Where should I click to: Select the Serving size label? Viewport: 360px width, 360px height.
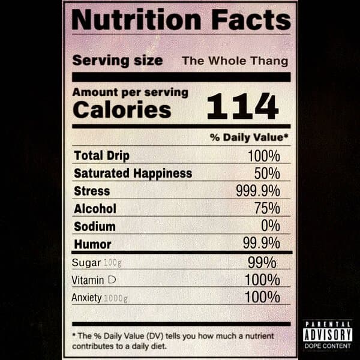[x=118, y=61]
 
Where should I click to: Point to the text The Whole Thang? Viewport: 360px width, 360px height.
[x=235, y=61]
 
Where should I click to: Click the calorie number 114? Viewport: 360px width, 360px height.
[x=242, y=107]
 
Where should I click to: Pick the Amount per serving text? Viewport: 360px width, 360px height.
[x=130, y=93]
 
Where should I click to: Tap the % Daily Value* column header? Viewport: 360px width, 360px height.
[x=249, y=137]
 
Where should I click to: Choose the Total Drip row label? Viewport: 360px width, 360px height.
[x=101, y=155]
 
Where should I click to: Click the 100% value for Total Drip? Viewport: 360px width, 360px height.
[x=263, y=156]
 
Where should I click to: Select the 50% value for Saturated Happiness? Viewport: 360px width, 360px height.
[x=266, y=173]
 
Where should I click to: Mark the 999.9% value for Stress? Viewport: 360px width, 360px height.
[x=257, y=191]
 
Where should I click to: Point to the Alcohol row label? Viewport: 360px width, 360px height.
[x=95, y=209]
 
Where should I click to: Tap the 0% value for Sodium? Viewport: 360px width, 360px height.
[x=270, y=226]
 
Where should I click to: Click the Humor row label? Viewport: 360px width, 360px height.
[x=92, y=244]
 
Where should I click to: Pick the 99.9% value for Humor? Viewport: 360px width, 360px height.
[x=261, y=244]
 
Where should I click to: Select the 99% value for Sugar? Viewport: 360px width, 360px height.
[x=262, y=262]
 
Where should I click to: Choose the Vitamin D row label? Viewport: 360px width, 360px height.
[x=93, y=280]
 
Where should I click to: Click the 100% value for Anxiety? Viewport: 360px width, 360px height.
[x=262, y=297]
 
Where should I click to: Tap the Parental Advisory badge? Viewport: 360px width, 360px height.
[x=327, y=334]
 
